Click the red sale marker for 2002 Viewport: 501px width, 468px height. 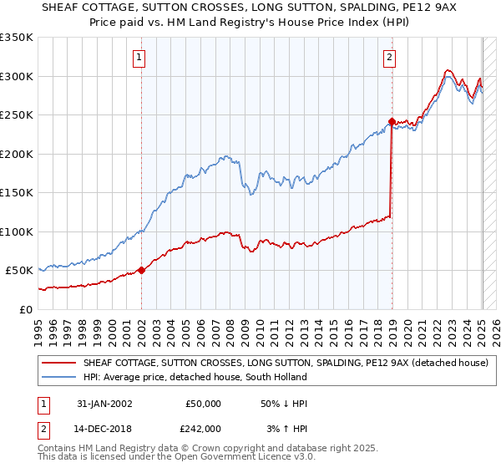point(141,270)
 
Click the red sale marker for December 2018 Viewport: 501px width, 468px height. point(392,122)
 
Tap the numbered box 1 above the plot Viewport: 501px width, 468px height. point(139,58)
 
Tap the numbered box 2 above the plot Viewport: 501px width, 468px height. point(389,58)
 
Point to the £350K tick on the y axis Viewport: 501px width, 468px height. point(17,38)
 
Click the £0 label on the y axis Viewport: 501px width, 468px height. point(25,309)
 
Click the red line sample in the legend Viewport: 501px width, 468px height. point(59,363)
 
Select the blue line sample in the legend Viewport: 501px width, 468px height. point(59,377)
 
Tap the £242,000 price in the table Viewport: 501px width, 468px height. point(203,428)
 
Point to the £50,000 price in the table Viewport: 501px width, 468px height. point(203,404)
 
